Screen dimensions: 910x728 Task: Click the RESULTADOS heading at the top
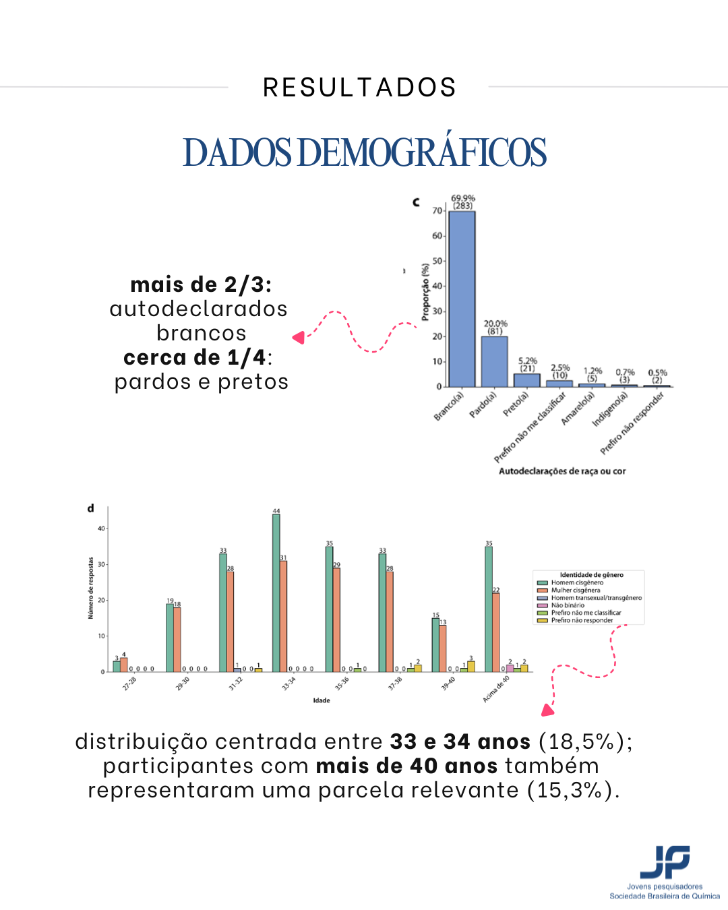click(x=359, y=88)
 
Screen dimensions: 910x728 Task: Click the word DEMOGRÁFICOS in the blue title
click(x=421, y=152)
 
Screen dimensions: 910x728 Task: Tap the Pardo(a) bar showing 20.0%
click(x=494, y=361)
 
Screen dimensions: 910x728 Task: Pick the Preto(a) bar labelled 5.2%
click(x=526, y=380)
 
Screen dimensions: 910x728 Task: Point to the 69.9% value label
click(x=463, y=198)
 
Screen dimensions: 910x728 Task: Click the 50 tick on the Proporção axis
click(x=437, y=261)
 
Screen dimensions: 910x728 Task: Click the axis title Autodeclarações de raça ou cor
click(x=562, y=471)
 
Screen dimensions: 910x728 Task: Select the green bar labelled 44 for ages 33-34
click(x=276, y=593)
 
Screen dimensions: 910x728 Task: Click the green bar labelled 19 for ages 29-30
click(x=170, y=638)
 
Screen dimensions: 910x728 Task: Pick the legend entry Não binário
click(x=568, y=605)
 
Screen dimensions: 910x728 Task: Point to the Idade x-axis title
click(x=322, y=700)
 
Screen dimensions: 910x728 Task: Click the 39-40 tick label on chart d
click(x=449, y=684)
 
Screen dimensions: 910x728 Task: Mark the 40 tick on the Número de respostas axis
click(x=101, y=528)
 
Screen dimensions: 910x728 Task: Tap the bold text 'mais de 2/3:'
click(x=201, y=284)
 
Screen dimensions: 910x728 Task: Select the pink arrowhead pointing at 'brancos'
click(x=299, y=337)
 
